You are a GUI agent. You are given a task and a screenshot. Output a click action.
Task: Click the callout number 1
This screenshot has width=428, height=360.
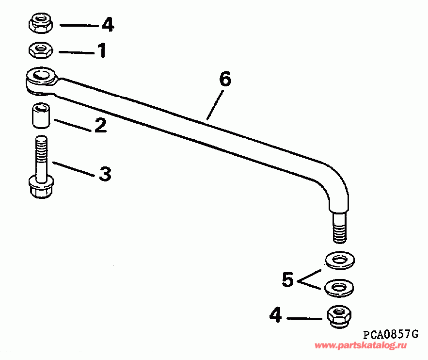[x=102, y=50]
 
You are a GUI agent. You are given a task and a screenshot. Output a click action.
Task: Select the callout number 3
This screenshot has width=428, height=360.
[x=105, y=174]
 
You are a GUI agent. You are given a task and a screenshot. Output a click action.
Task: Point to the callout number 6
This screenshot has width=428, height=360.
[x=225, y=79]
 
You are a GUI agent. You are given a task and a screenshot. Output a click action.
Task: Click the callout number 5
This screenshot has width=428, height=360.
[x=288, y=280]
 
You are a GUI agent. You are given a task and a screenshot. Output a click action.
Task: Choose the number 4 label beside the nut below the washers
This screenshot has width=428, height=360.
[x=275, y=316]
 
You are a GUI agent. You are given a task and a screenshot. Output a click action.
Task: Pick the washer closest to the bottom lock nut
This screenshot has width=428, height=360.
[x=338, y=287]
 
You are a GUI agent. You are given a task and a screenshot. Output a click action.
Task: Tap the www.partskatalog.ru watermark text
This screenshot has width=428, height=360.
[x=361, y=345]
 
